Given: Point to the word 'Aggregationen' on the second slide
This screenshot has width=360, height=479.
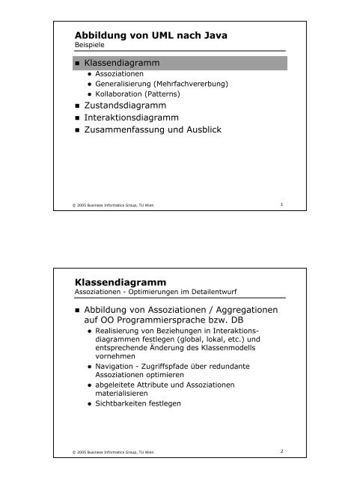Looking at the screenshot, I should point(241,311).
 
